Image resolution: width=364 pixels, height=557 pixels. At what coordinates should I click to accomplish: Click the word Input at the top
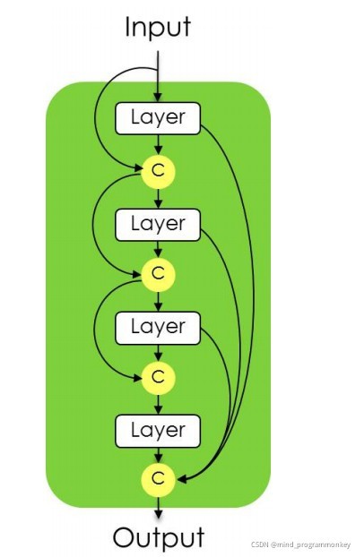pos(158,28)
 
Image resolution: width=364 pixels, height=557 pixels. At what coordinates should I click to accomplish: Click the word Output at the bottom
pos(159,536)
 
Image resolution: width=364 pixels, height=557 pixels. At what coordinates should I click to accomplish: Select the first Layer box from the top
pos(158,118)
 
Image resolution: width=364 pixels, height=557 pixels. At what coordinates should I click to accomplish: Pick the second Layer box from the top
pos(158,225)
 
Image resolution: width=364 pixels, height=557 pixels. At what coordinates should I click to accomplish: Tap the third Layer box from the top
pos(158,328)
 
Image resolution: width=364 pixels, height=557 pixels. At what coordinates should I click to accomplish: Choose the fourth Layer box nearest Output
pos(158,431)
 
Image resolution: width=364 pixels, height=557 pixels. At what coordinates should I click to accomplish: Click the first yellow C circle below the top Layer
pos(159,171)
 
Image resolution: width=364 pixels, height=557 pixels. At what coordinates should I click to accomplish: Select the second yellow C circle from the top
pos(159,275)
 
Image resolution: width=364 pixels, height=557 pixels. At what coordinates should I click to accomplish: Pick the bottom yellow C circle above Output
pos(159,480)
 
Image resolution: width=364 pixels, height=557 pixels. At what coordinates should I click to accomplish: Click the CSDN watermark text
pos(300,544)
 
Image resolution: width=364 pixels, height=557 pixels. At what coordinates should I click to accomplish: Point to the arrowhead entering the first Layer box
pos(158,98)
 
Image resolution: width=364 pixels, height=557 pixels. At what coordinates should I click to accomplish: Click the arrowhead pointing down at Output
pos(159,514)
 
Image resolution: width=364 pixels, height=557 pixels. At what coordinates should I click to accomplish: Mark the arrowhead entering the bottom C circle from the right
pos(181,480)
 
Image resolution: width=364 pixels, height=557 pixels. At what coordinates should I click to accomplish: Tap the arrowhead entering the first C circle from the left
pos(138,167)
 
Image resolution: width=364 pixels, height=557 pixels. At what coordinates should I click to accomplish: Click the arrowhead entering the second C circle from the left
pos(138,274)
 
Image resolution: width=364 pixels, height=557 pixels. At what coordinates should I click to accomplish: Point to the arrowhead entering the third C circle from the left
pos(138,378)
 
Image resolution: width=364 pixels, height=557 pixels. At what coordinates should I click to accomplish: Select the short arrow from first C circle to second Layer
pos(159,198)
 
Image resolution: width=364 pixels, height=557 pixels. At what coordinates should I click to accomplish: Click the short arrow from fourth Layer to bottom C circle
pos(159,456)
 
